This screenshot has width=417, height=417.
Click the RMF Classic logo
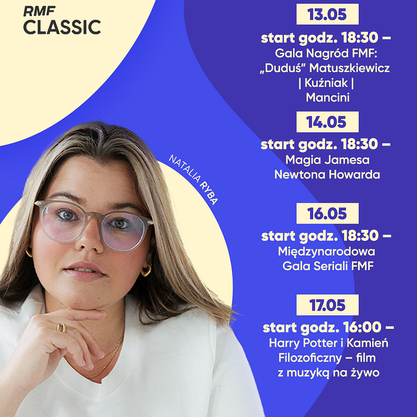62,21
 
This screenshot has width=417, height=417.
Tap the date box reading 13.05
327,14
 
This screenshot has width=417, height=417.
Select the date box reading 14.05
327,122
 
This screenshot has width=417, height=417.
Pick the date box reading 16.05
327,213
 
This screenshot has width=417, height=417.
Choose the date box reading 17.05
327,305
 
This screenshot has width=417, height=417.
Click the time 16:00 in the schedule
362,327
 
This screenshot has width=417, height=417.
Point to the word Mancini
328,97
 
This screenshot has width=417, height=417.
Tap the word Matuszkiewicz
349,68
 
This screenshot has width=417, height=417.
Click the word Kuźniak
326,83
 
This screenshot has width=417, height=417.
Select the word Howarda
354,175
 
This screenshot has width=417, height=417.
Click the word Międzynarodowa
327,252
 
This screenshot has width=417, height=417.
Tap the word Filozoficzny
310,358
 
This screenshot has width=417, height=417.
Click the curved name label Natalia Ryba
193,179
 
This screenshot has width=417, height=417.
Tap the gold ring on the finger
62,328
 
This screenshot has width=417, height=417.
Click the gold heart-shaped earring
146,270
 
